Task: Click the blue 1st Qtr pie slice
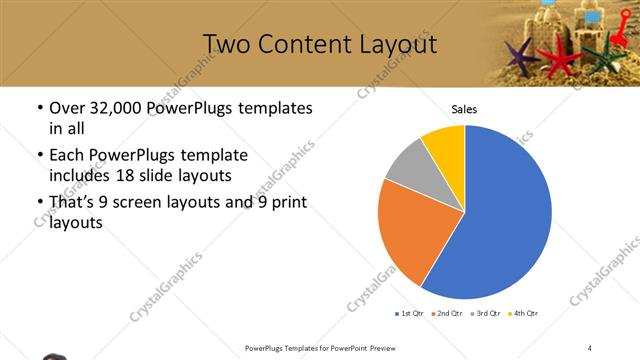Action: click(505, 215)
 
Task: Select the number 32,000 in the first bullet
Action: click(116, 108)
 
